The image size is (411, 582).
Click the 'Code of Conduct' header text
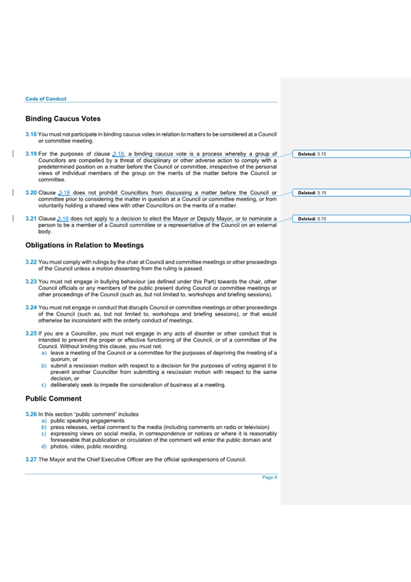click(45, 99)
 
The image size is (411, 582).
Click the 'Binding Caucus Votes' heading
click(63, 119)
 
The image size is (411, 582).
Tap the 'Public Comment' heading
click(54, 398)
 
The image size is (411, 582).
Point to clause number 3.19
click(31, 154)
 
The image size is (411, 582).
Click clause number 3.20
click(31, 194)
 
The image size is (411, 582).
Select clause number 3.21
click(31, 219)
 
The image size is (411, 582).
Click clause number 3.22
click(31, 262)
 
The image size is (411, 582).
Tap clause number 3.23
click(31, 281)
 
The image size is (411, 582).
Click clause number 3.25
click(31, 333)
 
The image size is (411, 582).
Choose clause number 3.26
click(31, 415)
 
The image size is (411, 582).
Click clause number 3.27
click(31, 458)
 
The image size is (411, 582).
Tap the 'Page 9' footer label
click(270, 478)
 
